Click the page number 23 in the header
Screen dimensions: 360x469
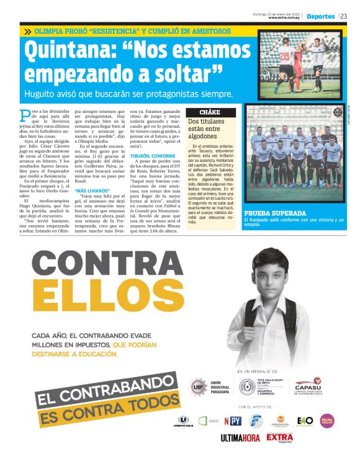pos(344,17)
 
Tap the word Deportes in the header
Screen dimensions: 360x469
pos(320,17)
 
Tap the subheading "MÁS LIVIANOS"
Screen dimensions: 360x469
pos(91,190)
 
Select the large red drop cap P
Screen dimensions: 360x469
pos(24,115)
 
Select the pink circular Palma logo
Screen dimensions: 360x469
pos(326,421)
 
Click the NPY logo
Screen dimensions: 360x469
pos(233,421)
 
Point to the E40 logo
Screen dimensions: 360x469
pos(305,421)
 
